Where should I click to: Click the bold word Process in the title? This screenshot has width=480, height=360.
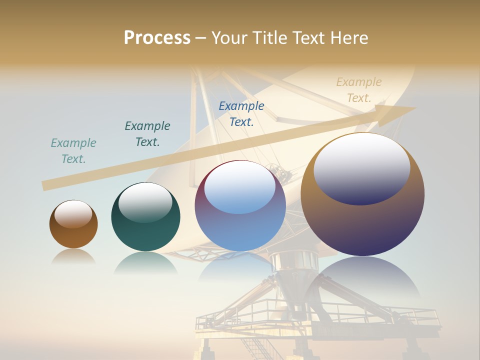[157, 38]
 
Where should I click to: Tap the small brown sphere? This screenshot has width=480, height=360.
[73, 224]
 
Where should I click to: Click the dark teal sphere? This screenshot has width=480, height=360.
[145, 217]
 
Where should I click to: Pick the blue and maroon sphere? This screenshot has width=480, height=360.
[240, 205]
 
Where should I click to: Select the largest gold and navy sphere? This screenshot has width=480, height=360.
[362, 195]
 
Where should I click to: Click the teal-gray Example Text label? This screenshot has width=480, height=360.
[73, 151]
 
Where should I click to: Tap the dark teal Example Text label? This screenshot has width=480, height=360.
[147, 134]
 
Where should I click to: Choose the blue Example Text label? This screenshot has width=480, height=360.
[241, 114]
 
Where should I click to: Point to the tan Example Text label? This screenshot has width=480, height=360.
[359, 90]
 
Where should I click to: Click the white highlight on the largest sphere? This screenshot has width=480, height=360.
[361, 167]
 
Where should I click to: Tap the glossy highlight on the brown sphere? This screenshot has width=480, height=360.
[73, 214]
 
